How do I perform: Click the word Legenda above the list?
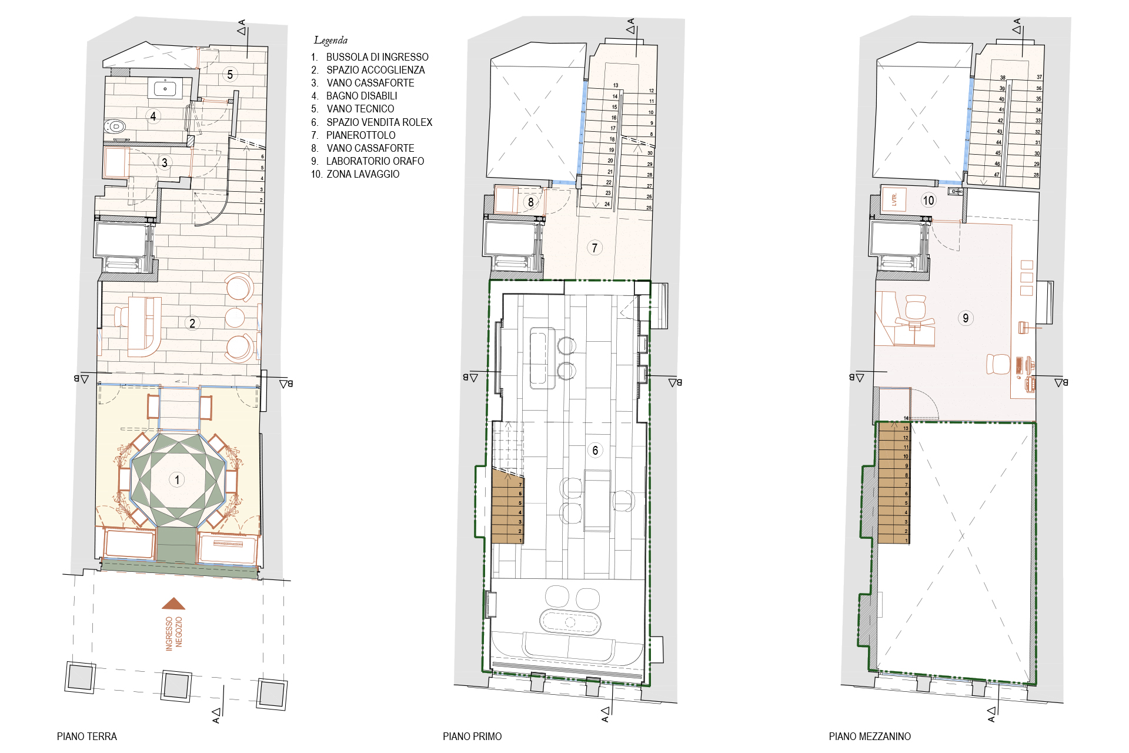(x=330, y=40)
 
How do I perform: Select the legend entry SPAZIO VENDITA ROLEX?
(x=379, y=122)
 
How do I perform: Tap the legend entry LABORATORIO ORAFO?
(x=375, y=161)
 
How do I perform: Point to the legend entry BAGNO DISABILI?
(x=362, y=96)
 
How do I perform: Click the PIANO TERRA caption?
(x=87, y=737)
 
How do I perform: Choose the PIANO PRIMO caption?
(x=472, y=737)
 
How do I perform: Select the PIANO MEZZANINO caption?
(x=870, y=737)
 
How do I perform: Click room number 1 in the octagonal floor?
(x=177, y=480)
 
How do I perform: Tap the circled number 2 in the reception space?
(x=192, y=323)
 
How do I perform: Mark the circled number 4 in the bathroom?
(x=153, y=116)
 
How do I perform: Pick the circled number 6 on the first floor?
(x=595, y=451)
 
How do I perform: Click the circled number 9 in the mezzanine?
(x=966, y=318)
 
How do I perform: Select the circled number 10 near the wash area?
(x=928, y=201)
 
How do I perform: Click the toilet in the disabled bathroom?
(x=115, y=126)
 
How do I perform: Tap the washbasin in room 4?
(x=165, y=89)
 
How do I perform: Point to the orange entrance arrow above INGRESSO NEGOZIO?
(x=173, y=603)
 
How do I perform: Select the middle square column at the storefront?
(x=176, y=685)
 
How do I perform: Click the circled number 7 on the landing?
(x=594, y=248)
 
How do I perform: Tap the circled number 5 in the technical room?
(x=230, y=75)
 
